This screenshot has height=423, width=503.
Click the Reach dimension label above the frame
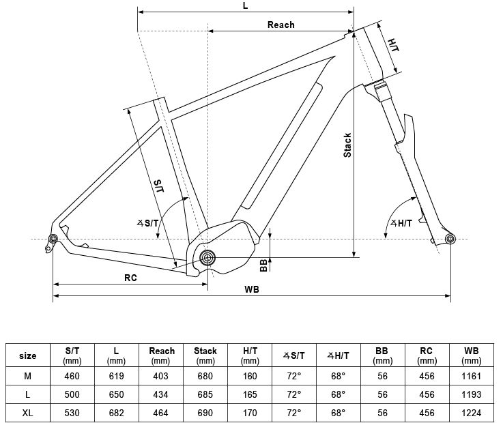tap(281, 25)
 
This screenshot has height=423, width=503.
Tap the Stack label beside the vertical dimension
tap(347, 145)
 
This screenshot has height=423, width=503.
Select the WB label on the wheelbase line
tap(252, 289)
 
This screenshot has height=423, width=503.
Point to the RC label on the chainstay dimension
tap(131, 278)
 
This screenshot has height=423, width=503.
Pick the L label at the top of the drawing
tap(245, 5)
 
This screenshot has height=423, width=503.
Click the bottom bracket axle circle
tap(207, 257)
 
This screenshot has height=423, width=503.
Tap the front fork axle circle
tap(449, 238)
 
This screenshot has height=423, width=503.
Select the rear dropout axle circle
tap(53, 238)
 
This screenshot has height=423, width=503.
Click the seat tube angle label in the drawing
tap(147, 222)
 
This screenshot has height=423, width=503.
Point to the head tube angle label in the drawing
tap(400, 224)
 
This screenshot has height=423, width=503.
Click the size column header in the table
tap(28, 355)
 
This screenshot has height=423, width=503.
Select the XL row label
tap(28, 413)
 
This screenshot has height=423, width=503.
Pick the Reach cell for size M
tap(161, 376)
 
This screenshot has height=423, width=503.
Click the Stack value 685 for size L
tap(205, 395)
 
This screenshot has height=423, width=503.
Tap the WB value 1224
tap(472, 413)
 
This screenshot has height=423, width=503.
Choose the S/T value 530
tap(72, 413)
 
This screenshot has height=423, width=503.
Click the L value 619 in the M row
tap(117, 376)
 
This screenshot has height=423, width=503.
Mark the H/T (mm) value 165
tap(250, 395)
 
